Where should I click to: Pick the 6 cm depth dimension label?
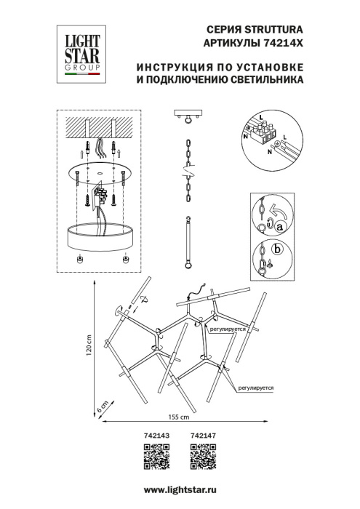click(104, 406)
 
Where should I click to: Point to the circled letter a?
click(278, 227)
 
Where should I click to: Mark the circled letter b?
click(276, 252)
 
